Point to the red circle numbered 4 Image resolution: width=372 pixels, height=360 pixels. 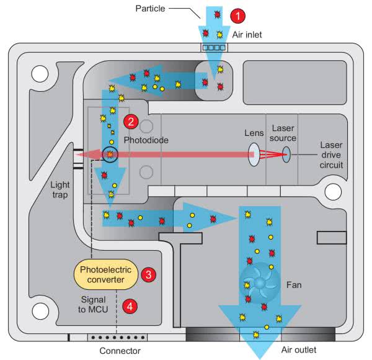coord(130,305)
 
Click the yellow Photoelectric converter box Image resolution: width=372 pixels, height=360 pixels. coord(107,274)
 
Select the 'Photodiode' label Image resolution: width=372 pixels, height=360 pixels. coord(146,141)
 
